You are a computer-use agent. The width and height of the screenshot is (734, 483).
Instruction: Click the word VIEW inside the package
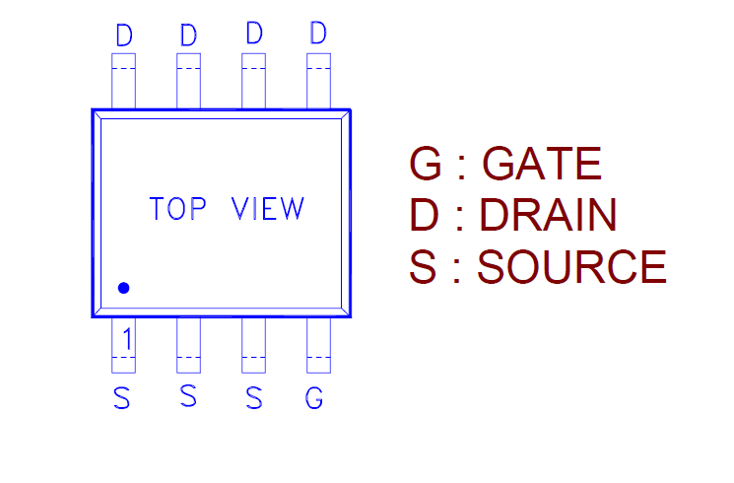pyautogui.click(x=267, y=209)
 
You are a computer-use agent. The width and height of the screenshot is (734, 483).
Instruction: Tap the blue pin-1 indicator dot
pyautogui.click(x=124, y=288)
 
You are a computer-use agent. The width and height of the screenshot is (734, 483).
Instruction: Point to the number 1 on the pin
pyautogui.click(x=125, y=339)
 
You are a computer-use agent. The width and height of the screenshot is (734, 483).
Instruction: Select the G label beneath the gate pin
pyautogui.click(x=314, y=398)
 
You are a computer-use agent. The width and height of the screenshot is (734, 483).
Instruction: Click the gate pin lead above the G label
pyautogui.click(x=317, y=345)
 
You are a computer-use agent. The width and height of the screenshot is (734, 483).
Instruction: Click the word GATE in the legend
pyautogui.click(x=543, y=164)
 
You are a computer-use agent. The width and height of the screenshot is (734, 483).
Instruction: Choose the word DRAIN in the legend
pyautogui.click(x=548, y=215)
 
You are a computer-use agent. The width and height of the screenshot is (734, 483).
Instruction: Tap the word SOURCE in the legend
pyautogui.click(x=571, y=267)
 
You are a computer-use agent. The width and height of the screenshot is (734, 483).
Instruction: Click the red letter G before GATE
pyautogui.click(x=426, y=164)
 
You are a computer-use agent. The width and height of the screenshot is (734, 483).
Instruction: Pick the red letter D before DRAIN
pyautogui.click(x=425, y=215)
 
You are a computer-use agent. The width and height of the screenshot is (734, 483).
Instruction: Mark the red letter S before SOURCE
pyautogui.click(x=423, y=267)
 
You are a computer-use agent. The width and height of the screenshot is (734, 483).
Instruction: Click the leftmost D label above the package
pyautogui.click(x=124, y=36)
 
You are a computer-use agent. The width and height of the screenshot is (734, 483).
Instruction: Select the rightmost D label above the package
pyautogui.click(x=317, y=34)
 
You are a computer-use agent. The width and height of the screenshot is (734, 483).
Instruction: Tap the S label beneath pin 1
pyautogui.click(x=122, y=398)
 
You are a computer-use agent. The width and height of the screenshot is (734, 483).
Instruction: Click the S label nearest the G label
pyautogui.click(x=254, y=398)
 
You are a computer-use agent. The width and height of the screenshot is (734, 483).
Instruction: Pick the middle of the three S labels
pyautogui.click(x=188, y=396)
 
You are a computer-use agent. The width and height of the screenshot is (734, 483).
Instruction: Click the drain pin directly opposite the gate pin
pyautogui.click(x=317, y=81)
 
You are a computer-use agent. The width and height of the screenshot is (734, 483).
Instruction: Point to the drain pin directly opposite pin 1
pyautogui.click(x=123, y=81)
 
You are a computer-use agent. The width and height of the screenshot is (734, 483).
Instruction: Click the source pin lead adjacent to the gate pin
pyautogui.click(x=253, y=345)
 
